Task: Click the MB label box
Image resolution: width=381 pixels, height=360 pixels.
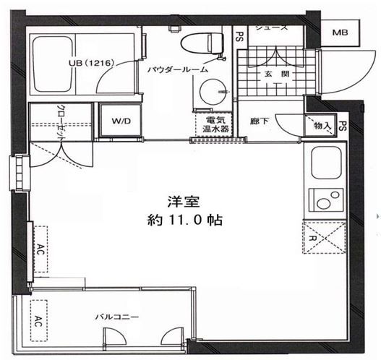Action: [x=338, y=32]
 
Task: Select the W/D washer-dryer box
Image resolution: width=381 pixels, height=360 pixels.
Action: [x=121, y=121]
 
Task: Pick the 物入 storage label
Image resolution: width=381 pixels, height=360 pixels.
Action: [x=322, y=127]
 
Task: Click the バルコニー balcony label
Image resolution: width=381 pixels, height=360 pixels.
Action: [x=115, y=317]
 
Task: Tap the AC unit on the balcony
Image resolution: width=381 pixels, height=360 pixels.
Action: [x=38, y=322]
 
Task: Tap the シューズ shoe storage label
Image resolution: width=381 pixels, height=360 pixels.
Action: [x=271, y=28]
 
